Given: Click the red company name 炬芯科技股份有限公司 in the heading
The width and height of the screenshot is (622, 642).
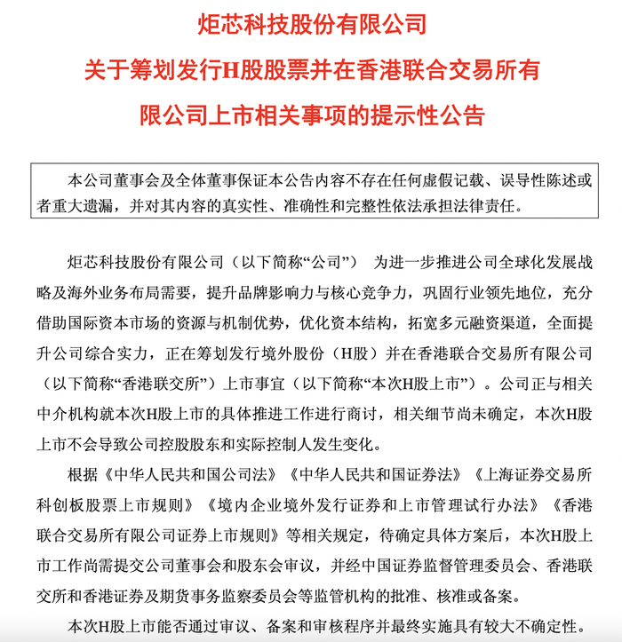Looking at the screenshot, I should [310, 24].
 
